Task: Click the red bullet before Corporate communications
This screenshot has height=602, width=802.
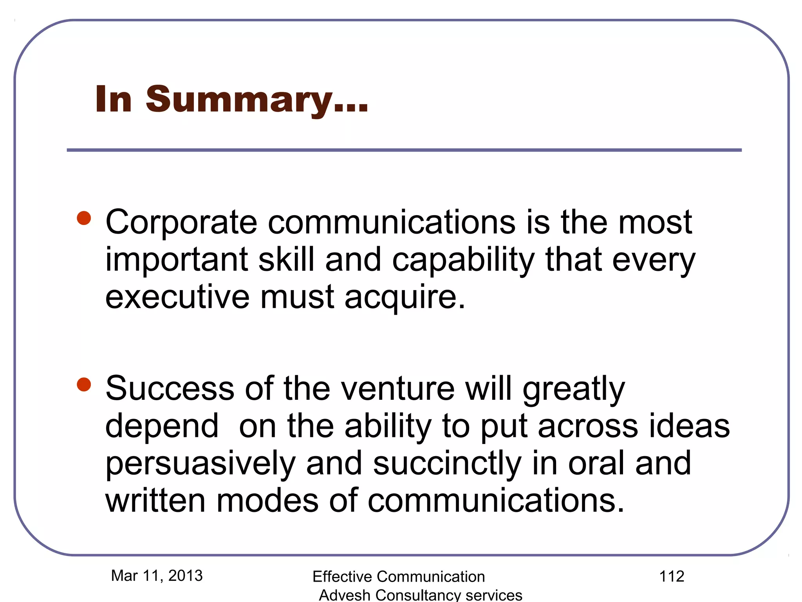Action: coord(84,218)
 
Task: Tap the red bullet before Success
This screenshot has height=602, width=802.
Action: coord(84,384)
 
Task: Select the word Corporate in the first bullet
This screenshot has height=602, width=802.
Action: coord(181,223)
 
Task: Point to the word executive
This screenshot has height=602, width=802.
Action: coord(177,297)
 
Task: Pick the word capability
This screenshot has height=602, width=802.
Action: coord(463,260)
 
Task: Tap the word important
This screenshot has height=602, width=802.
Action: coord(177,260)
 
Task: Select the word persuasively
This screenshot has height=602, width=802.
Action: coord(200,464)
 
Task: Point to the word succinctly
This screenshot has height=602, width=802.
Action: coord(447,464)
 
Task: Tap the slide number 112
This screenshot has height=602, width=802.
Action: coord(672,577)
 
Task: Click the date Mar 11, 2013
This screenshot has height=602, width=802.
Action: coord(157,576)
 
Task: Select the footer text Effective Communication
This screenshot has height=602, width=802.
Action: coord(399,577)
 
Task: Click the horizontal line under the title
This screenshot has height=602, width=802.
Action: coord(404,150)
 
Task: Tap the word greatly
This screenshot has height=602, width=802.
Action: coord(574,389)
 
